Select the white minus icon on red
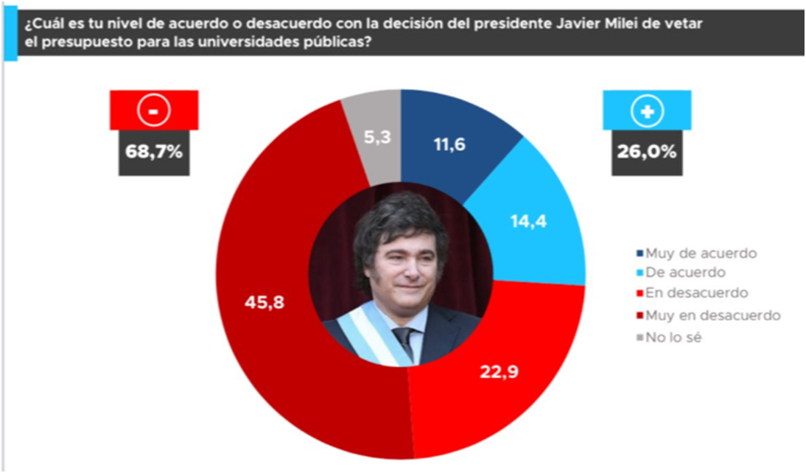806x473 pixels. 154,111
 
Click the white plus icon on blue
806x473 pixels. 648,111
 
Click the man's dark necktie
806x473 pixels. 403,342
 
